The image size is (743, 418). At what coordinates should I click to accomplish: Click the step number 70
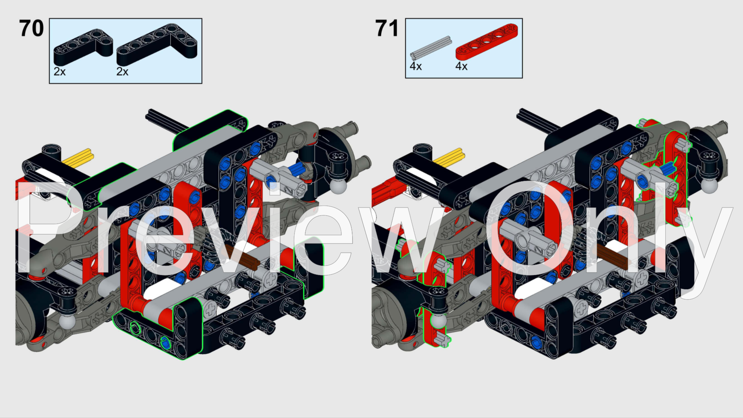[31, 29]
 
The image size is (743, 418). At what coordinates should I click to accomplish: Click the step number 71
[387, 29]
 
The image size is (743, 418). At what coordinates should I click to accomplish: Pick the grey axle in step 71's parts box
[431, 47]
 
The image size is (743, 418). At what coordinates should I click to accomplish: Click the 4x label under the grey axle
[416, 67]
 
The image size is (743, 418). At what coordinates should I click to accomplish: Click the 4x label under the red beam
[461, 67]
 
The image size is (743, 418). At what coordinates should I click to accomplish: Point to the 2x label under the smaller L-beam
[60, 72]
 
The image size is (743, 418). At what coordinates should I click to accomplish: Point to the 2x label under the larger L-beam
[122, 72]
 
